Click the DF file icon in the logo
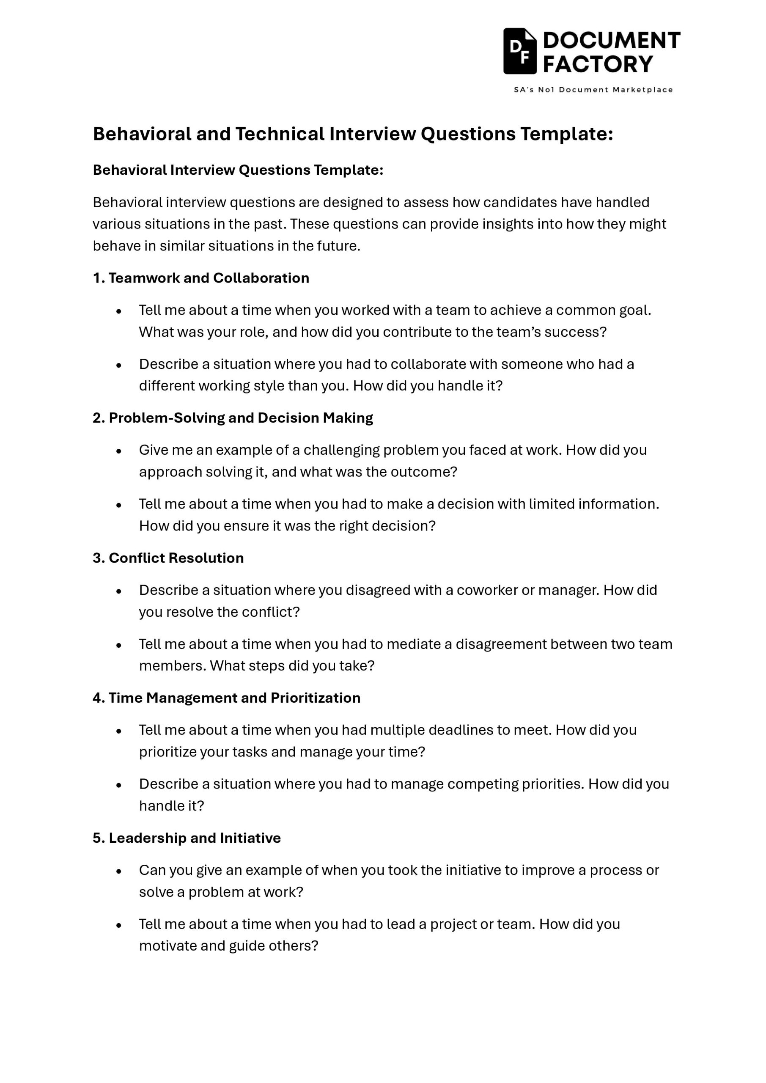click(520, 51)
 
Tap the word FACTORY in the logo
click(598, 64)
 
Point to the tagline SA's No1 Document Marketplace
click(593, 90)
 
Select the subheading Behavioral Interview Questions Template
click(238, 170)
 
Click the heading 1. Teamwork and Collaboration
click(201, 278)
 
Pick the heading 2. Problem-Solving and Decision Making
click(233, 418)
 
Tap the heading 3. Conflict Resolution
click(168, 558)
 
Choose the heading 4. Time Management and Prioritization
click(226, 698)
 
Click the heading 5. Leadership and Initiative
click(187, 838)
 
